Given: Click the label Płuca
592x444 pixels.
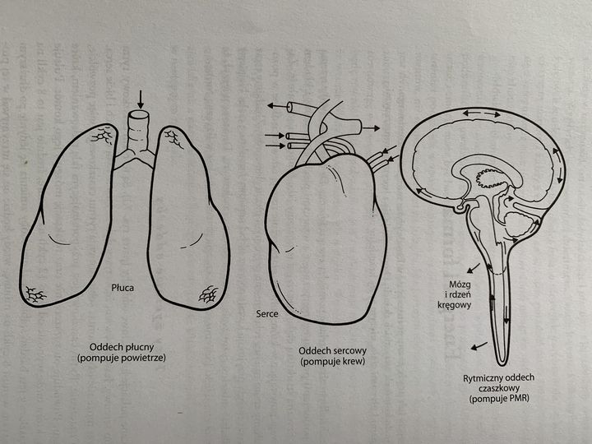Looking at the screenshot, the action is click(123, 288).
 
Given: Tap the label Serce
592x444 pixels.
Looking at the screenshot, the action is click(267, 313).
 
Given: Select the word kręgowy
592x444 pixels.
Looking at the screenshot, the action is click(454, 305).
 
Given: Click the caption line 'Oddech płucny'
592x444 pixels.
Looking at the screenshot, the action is click(122, 347).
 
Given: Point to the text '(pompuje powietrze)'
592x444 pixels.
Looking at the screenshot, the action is click(122, 358).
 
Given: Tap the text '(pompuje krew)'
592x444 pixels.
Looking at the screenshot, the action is click(333, 362).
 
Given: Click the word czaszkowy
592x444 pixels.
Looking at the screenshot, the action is click(499, 388).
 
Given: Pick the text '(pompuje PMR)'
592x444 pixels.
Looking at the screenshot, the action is click(499, 399).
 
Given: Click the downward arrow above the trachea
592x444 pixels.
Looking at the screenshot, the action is click(141, 99).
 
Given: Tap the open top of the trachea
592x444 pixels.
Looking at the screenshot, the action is click(138, 114).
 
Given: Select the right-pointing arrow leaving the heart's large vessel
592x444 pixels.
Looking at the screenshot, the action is click(371, 128).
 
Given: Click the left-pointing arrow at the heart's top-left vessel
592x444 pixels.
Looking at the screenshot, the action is click(277, 106).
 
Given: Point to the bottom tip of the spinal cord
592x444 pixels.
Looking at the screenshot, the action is click(502, 365).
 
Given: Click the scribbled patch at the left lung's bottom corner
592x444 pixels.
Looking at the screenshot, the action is click(35, 294).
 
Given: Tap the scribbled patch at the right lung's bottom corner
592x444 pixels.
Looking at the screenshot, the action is click(209, 294).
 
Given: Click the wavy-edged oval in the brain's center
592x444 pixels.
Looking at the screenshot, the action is click(490, 178).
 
